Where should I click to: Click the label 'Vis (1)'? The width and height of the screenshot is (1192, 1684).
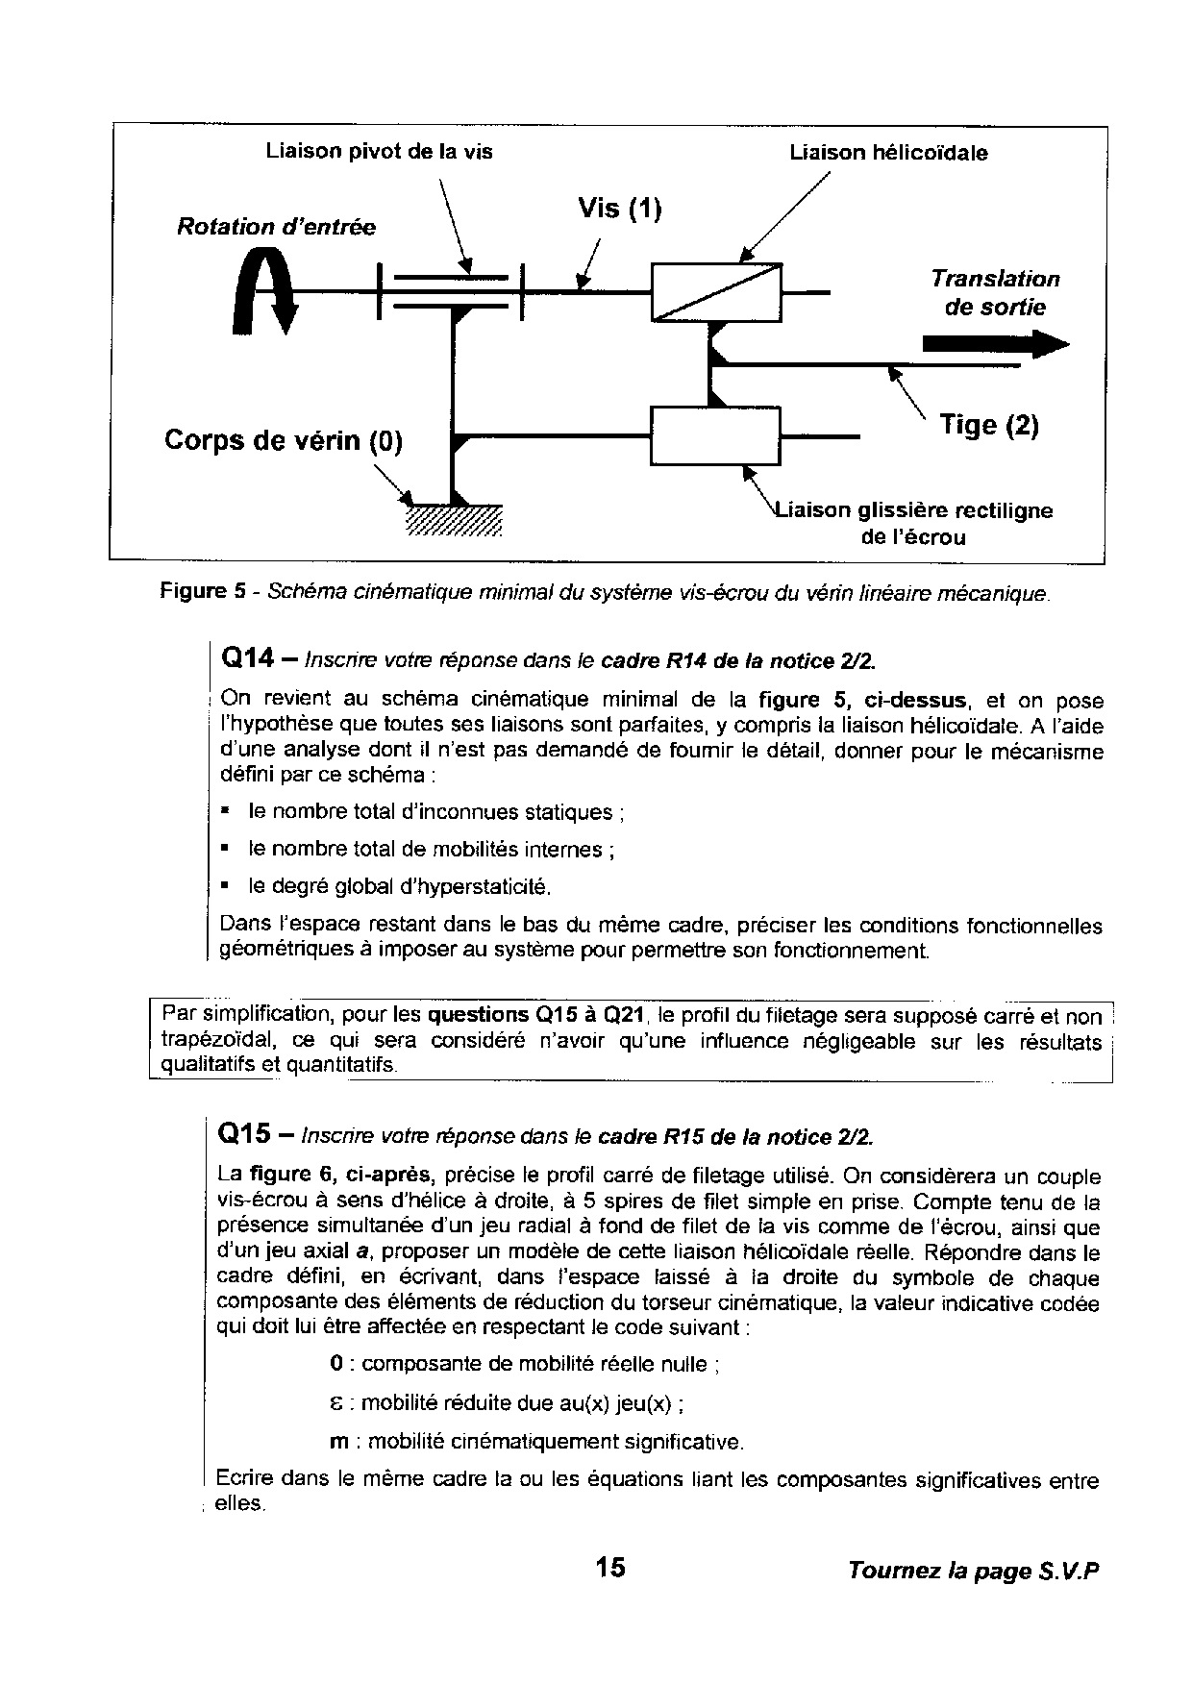(620, 209)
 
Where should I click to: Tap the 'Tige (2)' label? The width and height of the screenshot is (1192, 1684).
(988, 425)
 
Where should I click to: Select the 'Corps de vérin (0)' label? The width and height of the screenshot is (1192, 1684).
(284, 440)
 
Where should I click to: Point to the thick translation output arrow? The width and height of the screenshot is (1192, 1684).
(994, 344)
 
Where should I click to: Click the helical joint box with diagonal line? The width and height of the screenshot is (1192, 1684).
(716, 291)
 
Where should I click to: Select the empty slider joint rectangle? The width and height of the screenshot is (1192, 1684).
(715, 435)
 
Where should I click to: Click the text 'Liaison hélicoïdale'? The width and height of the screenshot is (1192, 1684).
(888, 153)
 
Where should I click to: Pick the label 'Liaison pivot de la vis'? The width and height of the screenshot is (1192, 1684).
(379, 152)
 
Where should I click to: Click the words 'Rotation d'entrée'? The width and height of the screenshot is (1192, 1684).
(276, 228)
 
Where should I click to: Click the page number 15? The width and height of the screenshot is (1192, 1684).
(609, 1568)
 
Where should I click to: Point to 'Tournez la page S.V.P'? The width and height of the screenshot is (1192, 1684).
(972, 1571)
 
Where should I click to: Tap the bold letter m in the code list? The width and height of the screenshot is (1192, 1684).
(338, 1442)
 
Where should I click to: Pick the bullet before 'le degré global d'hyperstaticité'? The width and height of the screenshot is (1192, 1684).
(224, 884)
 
